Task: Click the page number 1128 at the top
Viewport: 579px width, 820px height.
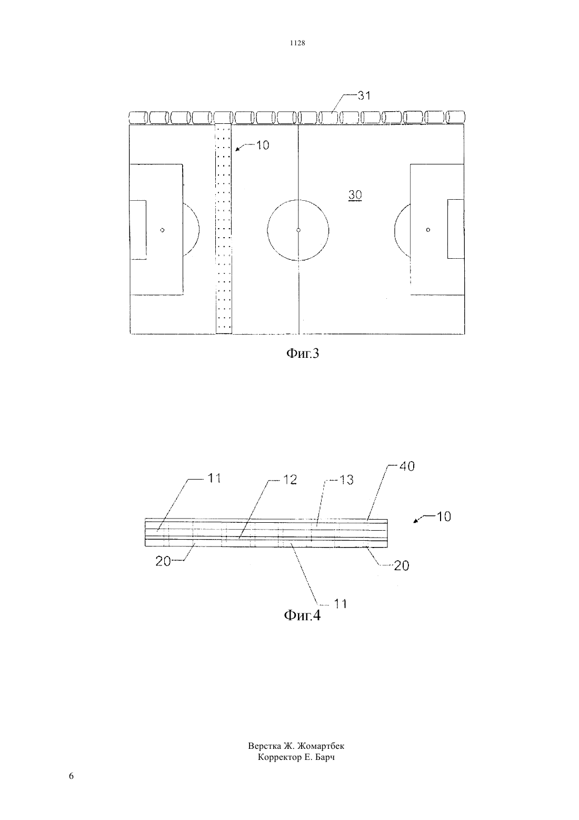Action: click(297, 43)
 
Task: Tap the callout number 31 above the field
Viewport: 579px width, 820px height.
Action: click(364, 95)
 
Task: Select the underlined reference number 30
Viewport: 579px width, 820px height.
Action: click(355, 195)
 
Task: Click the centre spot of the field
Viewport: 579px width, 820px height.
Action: click(298, 230)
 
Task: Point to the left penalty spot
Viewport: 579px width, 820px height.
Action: click(162, 230)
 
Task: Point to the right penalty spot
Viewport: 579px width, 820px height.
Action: click(428, 230)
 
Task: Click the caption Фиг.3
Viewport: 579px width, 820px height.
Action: click(302, 353)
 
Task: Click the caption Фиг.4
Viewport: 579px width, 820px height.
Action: click(302, 616)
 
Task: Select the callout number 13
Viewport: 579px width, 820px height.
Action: click(346, 480)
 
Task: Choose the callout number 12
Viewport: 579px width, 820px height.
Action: click(289, 480)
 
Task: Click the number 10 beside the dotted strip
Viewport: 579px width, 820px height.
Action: click(262, 145)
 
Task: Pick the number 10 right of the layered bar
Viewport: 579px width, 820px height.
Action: click(444, 516)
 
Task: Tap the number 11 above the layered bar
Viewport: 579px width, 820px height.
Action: click(214, 478)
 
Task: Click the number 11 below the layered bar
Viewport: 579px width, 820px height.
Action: click(341, 603)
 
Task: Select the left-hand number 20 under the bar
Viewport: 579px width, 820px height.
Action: click(163, 561)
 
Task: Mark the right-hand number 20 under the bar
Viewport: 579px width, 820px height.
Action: click(401, 565)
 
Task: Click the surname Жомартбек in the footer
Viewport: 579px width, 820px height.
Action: click(321, 746)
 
